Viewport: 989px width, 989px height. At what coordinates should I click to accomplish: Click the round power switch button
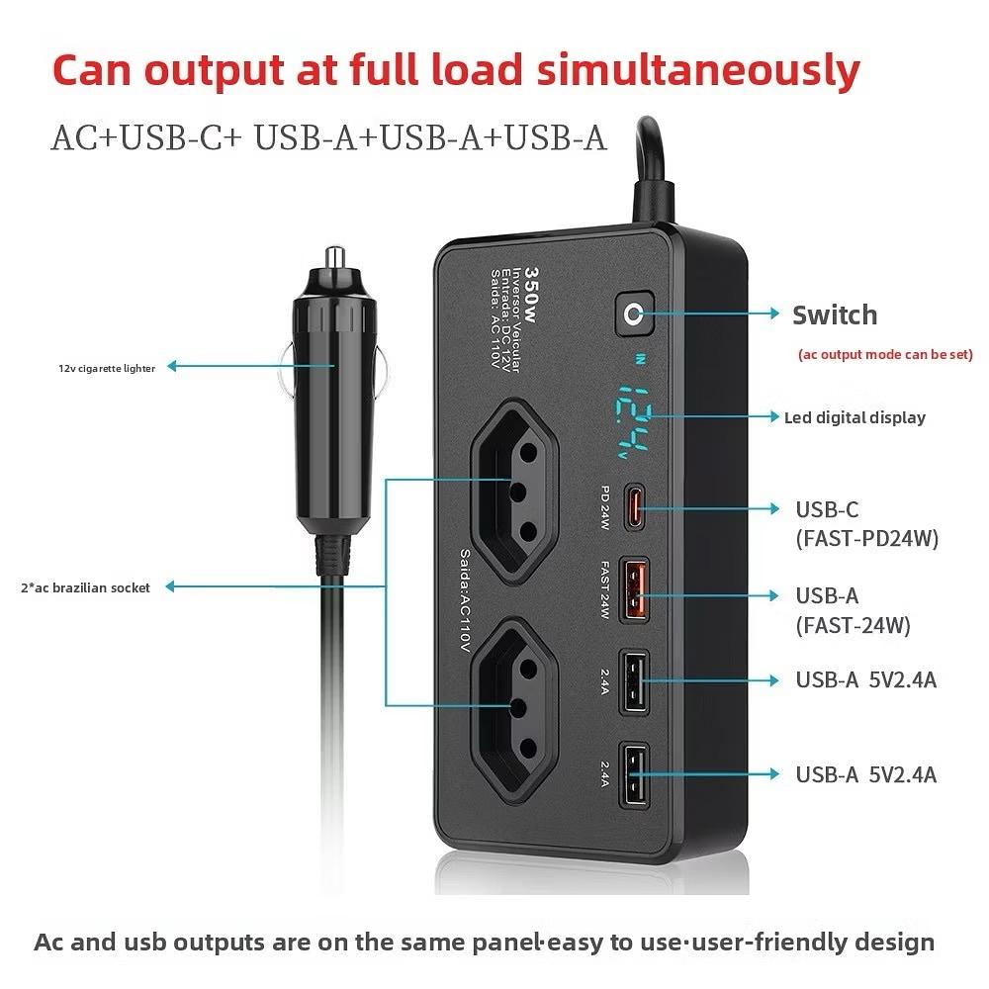(631, 315)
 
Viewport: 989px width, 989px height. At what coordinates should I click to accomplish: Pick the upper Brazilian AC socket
(514, 490)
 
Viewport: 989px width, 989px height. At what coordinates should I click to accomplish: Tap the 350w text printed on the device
(531, 289)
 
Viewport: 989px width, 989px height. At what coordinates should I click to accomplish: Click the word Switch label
(835, 315)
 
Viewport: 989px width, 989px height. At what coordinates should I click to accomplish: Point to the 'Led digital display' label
(854, 417)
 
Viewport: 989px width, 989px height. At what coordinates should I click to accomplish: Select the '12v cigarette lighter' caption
(106, 369)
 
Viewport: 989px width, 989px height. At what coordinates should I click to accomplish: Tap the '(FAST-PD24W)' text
(866, 539)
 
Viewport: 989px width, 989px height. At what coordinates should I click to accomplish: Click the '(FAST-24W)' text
(853, 625)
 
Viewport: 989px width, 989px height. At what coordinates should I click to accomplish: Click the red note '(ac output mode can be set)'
(885, 354)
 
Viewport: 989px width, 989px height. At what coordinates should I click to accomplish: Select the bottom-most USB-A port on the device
(634, 772)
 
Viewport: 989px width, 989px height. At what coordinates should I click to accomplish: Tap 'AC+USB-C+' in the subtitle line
(148, 137)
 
